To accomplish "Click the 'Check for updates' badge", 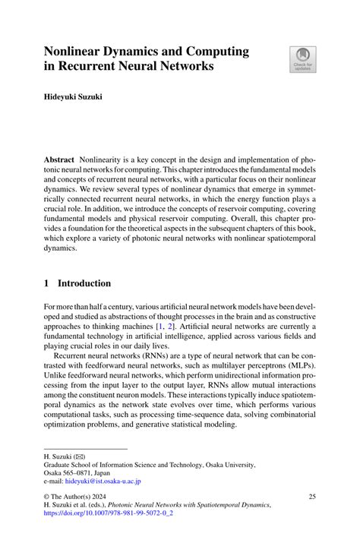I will pyautogui.click(x=302, y=60).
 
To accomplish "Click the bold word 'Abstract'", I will pyautogui.click(x=58, y=162).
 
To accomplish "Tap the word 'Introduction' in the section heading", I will pyautogui.click(x=85, y=283).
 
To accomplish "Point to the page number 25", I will pyautogui.click(x=311, y=497).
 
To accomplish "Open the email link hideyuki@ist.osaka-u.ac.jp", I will pyautogui.click(x=103, y=481).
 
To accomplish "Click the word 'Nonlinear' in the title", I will pyautogui.click(x=77, y=52).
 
